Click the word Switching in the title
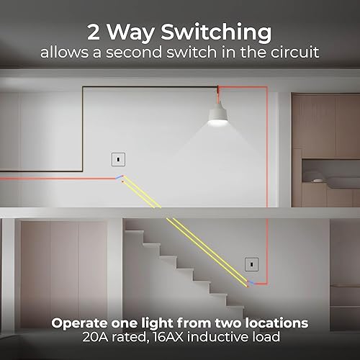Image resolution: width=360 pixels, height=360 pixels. pos(216,32)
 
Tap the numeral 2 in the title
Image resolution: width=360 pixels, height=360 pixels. pos(93,32)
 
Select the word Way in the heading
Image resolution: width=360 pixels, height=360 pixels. pos(130,33)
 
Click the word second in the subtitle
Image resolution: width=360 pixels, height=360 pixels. pos(135,52)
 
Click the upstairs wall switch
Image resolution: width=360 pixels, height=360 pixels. pos(118,159)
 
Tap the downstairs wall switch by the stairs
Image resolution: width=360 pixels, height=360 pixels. pos(251,264)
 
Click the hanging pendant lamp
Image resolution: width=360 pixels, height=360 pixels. pos(218,114)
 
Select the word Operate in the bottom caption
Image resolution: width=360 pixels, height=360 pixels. pos(80,323)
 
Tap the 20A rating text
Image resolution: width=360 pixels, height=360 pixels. pos(95,337)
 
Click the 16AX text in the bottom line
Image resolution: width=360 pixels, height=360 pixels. pos(168,337)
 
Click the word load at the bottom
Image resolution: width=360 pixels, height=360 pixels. pos(266,336)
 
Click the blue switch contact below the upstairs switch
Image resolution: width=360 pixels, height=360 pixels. pos(119,177)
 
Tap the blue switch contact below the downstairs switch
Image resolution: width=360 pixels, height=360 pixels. pos(251,282)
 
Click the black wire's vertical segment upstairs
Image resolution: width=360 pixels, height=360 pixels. pos(83,129)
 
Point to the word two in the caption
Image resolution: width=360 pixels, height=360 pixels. pos(229,323)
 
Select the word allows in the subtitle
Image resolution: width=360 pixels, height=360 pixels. pos(64,52)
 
